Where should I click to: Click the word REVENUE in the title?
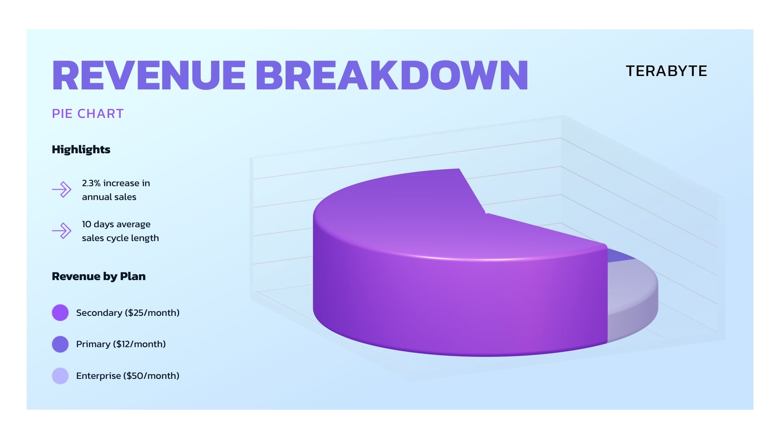[149, 76]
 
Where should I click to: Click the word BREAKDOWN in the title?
[392, 76]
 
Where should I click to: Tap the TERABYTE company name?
[666, 71]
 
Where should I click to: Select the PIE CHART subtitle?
[88, 113]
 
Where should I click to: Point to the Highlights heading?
[81, 150]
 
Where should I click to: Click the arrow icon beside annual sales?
[62, 189]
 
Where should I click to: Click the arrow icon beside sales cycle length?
[62, 230]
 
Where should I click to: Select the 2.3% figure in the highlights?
[91, 183]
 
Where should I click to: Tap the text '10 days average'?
[116, 224]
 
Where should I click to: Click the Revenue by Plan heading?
[99, 276]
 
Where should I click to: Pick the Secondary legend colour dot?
[60, 313]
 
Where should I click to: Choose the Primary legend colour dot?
[60, 344]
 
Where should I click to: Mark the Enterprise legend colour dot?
[60, 376]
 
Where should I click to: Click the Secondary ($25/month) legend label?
[128, 313]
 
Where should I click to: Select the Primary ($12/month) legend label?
[121, 344]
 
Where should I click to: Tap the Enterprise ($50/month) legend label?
[128, 376]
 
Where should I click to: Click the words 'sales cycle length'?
[120, 238]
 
